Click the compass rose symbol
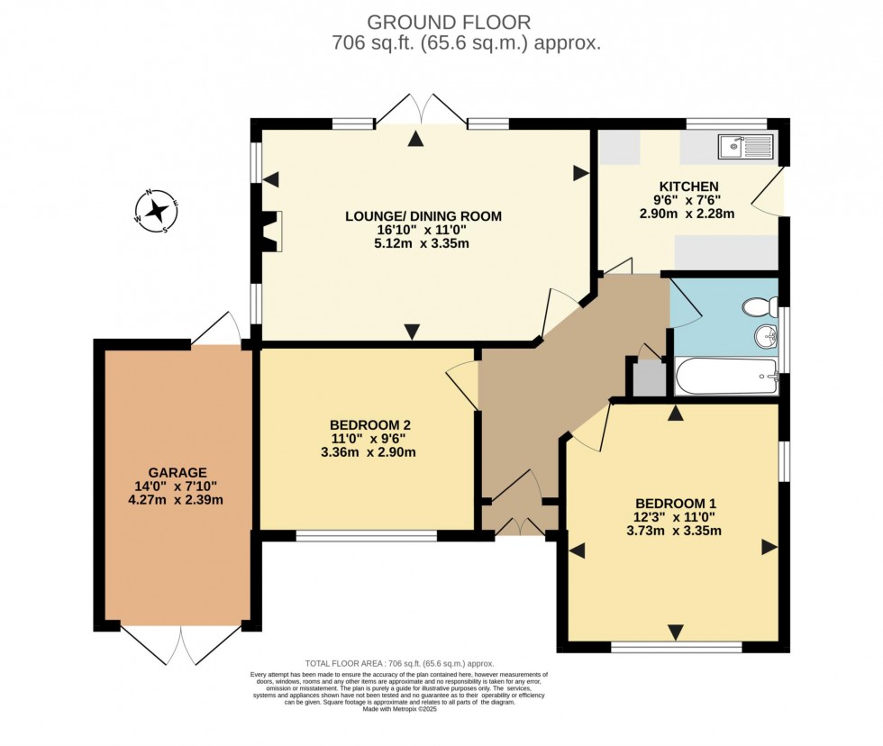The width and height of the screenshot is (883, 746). (x=157, y=211)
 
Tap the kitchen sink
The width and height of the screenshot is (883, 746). (x=746, y=147)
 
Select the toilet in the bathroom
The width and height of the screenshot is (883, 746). (x=760, y=309)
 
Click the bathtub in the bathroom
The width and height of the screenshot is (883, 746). (x=726, y=376)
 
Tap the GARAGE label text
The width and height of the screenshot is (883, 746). (x=178, y=472)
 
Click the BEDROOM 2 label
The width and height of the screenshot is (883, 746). (x=370, y=425)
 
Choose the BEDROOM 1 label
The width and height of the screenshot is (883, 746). (x=676, y=503)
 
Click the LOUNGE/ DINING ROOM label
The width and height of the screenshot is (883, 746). (x=423, y=216)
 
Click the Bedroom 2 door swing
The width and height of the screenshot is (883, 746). (x=463, y=385)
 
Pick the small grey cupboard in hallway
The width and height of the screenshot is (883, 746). (x=647, y=379)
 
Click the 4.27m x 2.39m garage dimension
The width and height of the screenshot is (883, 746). (x=178, y=500)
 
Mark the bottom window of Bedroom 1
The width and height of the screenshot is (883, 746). (x=676, y=646)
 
